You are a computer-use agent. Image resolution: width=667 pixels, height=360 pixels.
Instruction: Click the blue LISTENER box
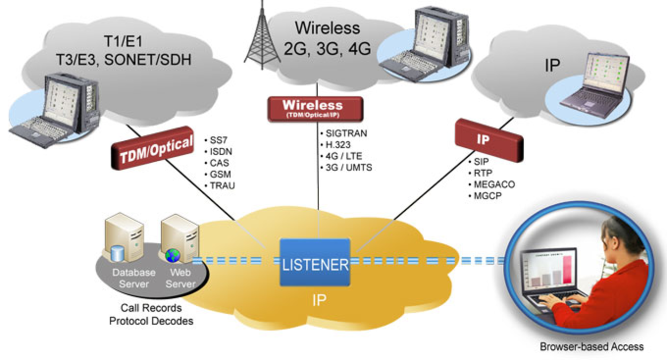315,263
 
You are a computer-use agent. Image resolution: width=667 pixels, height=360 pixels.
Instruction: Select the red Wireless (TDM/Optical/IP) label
315,109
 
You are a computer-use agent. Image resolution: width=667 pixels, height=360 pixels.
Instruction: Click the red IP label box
488,140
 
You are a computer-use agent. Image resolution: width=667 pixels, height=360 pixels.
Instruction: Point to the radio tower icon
262,38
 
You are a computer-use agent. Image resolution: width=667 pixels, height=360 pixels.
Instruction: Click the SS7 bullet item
218,140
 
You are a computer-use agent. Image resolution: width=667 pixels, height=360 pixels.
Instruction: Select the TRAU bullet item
222,186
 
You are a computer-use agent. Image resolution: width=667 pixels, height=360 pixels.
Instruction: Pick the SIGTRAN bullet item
345,133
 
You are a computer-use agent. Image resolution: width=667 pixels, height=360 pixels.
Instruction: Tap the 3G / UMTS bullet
348,167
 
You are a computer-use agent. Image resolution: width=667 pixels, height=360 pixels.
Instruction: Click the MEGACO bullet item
494,184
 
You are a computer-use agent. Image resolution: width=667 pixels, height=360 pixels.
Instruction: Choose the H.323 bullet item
337,145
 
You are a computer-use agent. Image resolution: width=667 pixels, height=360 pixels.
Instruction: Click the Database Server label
134,278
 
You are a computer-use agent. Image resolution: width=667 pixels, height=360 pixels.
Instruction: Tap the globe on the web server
173,255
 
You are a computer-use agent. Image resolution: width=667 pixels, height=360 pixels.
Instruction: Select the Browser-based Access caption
591,346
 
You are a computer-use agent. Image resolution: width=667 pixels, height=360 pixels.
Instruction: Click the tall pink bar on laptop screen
567,270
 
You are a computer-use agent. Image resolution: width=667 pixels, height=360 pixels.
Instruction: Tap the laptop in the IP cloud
596,87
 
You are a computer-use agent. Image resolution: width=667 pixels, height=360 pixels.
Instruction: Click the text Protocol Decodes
151,321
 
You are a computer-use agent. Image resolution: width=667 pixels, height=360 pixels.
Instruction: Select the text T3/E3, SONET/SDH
124,60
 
